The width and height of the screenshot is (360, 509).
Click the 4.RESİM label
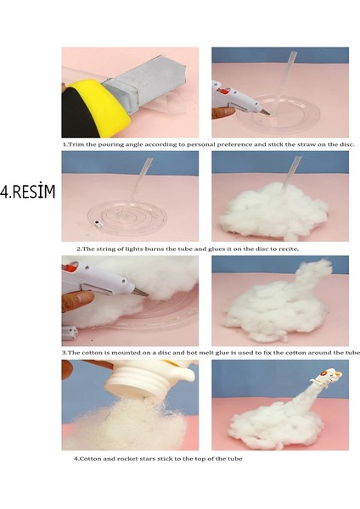pos(28,192)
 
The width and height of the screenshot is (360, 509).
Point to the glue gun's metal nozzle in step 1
pos(265,112)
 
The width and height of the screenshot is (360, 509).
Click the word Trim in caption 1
pos(76,145)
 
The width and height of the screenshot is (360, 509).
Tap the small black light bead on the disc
pos(97,223)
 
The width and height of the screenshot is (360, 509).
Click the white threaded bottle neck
pos(141,384)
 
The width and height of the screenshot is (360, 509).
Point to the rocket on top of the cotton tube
pos(327,378)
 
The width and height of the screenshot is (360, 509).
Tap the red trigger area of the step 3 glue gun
pos(70,269)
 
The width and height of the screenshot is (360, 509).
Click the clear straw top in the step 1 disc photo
pos(293,54)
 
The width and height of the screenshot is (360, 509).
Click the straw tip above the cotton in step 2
pos(297,160)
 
